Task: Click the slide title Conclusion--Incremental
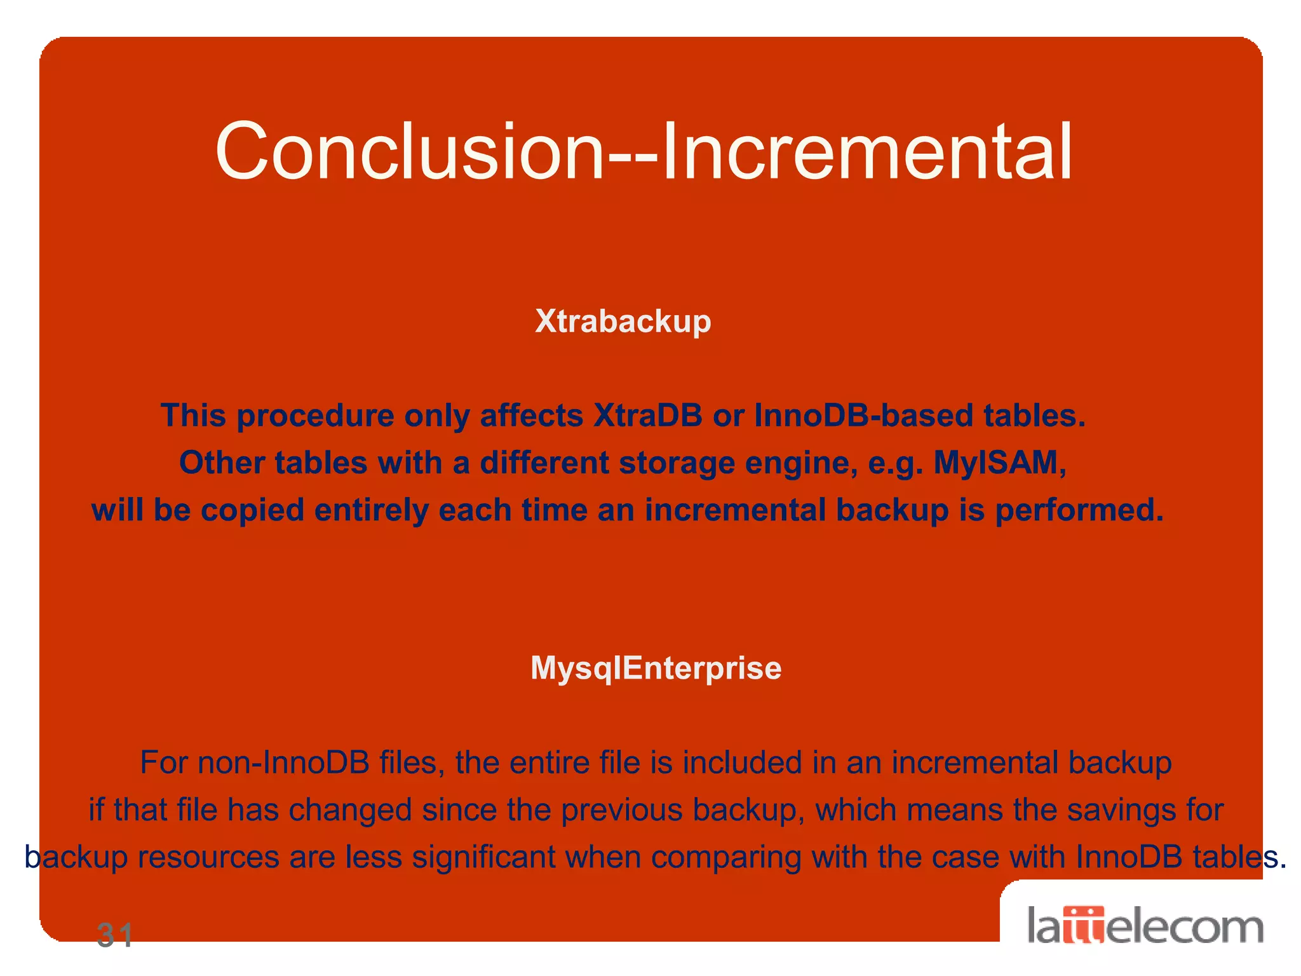click(x=644, y=151)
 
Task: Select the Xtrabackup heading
click(x=623, y=322)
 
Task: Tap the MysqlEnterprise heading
click(x=656, y=668)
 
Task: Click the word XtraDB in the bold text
click(x=647, y=416)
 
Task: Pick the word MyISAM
click(x=999, y=463)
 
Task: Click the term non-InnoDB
click(x=255, y=762)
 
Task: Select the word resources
click(x=208, y=857)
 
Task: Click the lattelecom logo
click(x=1145, y=926)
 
